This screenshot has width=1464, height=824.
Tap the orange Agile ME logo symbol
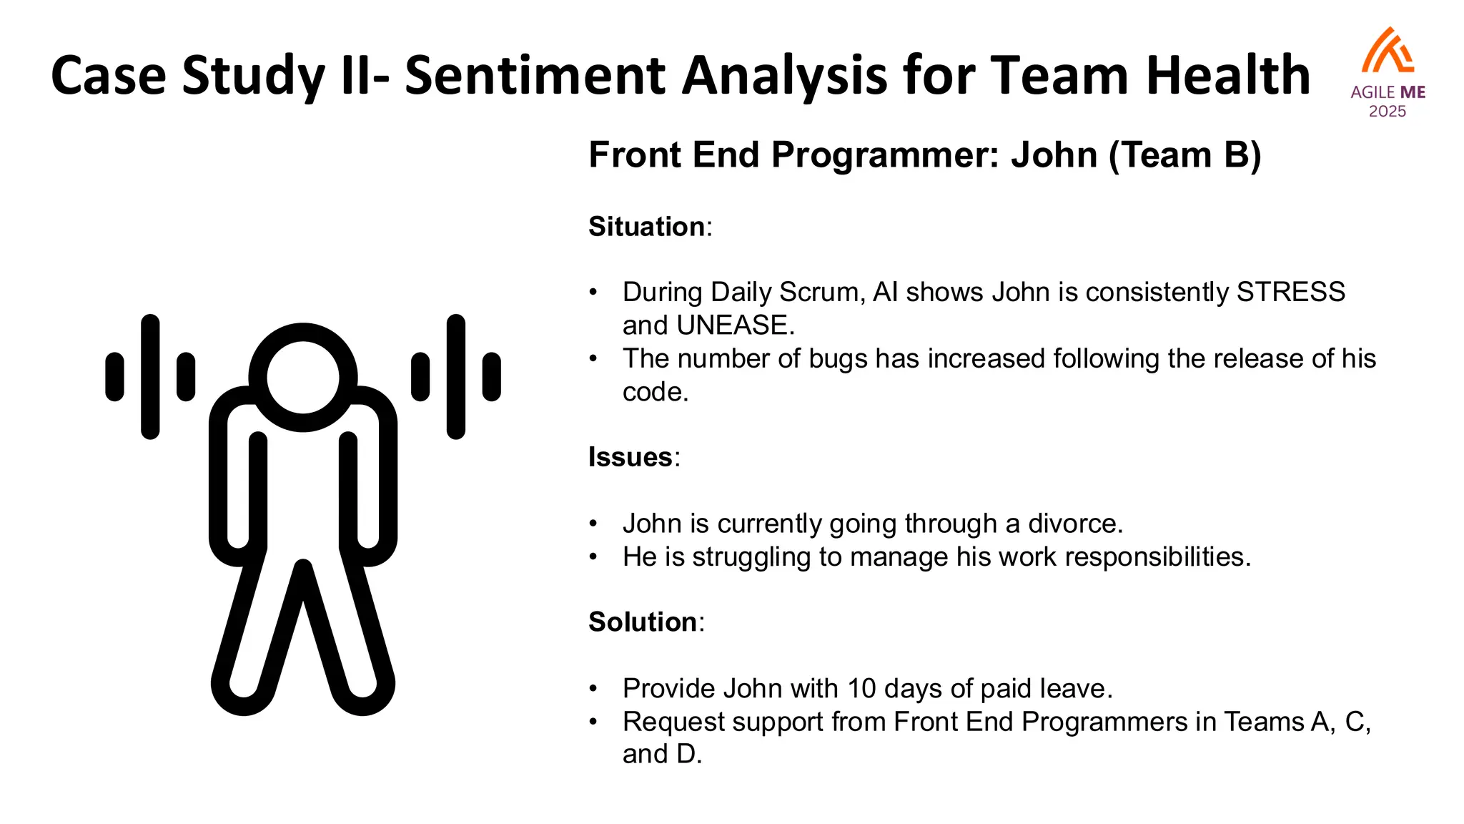coord(1388,51)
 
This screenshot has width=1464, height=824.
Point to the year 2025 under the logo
coord(1387,112)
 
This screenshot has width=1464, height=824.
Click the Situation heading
coord(647,227)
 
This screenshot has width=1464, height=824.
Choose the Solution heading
coord(643,622)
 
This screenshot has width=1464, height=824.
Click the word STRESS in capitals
coord(1291,293)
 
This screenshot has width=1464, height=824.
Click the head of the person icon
coord(303,378)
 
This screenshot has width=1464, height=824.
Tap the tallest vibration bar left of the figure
coord(150,376)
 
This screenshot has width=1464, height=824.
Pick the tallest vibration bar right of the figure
coord(456,376)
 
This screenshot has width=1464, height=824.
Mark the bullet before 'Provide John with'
coord(593,689)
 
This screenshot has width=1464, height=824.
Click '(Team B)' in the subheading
coord(1184,155)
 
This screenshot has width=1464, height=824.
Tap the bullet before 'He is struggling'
coord(593,557)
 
